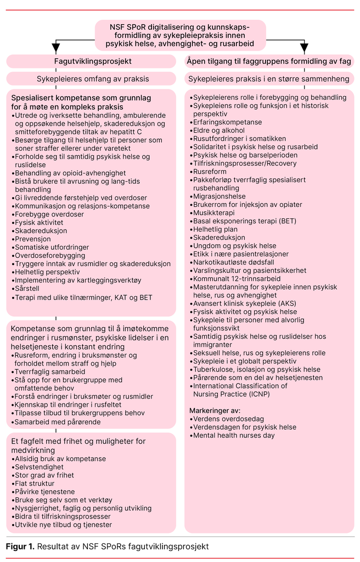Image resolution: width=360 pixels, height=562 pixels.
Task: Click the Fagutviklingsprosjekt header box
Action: pos(93,61)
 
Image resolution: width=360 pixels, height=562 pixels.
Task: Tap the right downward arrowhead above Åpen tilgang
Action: pos(305,49)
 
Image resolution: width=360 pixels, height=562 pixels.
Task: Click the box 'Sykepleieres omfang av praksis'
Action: pos(93,78)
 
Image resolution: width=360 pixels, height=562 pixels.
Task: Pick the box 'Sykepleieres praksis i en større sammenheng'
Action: pos(269,78)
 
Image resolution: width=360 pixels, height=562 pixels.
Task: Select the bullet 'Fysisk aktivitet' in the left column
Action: pos(37,222)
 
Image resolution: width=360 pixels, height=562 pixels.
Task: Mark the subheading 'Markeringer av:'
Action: pos(215,410)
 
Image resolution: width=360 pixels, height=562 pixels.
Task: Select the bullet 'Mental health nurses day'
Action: pos(233,435)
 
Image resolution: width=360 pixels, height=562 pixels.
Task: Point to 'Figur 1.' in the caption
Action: pos(20,546)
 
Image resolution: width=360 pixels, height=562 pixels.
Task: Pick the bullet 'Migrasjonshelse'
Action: pos(219,196)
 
